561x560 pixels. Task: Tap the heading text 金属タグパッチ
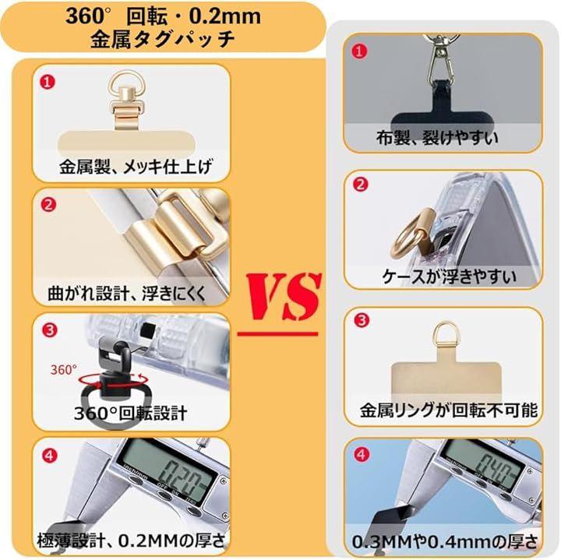[163, 39]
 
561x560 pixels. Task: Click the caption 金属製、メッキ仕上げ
[136, 167]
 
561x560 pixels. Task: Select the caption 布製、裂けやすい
[437, 138]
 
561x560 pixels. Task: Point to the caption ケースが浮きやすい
[449, 276]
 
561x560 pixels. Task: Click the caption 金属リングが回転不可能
[449, 410]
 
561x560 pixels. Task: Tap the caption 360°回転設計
[131, 413]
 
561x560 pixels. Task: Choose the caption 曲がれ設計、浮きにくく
[127, 293]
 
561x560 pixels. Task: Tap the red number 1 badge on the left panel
[48, 82]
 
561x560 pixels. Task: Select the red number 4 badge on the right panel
[362, 455]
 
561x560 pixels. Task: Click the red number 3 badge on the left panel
[49, 329]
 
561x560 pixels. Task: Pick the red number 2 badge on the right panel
[360, 185]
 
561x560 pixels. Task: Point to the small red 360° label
[63, 370]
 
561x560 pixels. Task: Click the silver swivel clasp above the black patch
[441, 57]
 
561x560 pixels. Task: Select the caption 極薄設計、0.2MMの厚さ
[131, 541]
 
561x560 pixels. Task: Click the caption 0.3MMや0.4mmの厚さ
[445, 542]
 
